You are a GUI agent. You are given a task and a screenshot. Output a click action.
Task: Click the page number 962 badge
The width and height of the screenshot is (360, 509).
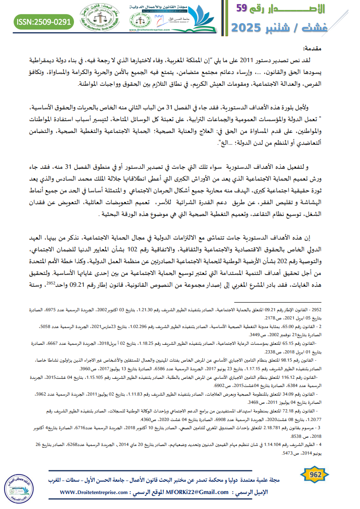pyautogui.click(x=313, y=475)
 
